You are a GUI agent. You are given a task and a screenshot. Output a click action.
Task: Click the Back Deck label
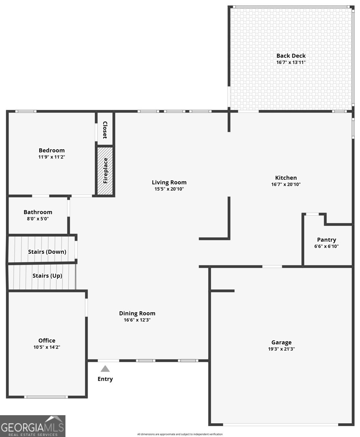pyautogui.click(x=291, y=56)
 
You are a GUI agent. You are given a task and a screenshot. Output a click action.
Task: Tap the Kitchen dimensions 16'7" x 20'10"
pyautogui.click(x=286, y=184)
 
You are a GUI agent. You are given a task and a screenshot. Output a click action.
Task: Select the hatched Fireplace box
pyautogui.click(x=105, y=171)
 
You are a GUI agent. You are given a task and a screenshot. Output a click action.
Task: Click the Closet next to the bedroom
pyautogui.click(x=105, y=130)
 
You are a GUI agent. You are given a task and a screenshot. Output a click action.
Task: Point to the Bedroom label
pyautogui.click(x=52, y=150)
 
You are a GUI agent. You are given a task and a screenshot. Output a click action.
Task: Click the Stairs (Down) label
pyautogui.click(x=47, y=252)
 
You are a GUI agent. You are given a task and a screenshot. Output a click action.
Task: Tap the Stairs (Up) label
pyautogui.click(x=47, y=276)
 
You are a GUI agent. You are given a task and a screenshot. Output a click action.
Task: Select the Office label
pyautogui.click(x=47, y=340)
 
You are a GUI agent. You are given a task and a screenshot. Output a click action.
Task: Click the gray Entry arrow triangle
pyautogui.click(x=105, y=369)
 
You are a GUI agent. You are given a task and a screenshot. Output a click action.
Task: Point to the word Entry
pyautogui.click(x=105, y=379)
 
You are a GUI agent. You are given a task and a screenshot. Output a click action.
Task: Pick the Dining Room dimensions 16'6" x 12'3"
pyautogui.click(x=137, y=320)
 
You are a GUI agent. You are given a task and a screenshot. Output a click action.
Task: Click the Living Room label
pyautogui.click(x=169, y=182)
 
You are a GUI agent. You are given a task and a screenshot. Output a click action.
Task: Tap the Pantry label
pyautogui.click(x=327, y=240)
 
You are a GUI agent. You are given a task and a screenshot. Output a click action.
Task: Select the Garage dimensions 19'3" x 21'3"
pyautogui.click(x=281, y=349)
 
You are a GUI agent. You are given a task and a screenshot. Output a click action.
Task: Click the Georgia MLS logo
pyautogui.click(x=33, y=426)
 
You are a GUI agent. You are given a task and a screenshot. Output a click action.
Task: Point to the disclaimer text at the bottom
pyautogui.click(x=180, y=434)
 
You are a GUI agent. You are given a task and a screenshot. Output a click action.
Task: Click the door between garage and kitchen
pyautogui.click(x=272, y=267)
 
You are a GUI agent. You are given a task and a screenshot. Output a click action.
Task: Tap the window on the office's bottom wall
pyautogui.click(x=46, y=397)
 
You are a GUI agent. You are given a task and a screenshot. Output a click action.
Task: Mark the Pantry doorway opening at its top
pyautogui.click(x=312, y=214)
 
